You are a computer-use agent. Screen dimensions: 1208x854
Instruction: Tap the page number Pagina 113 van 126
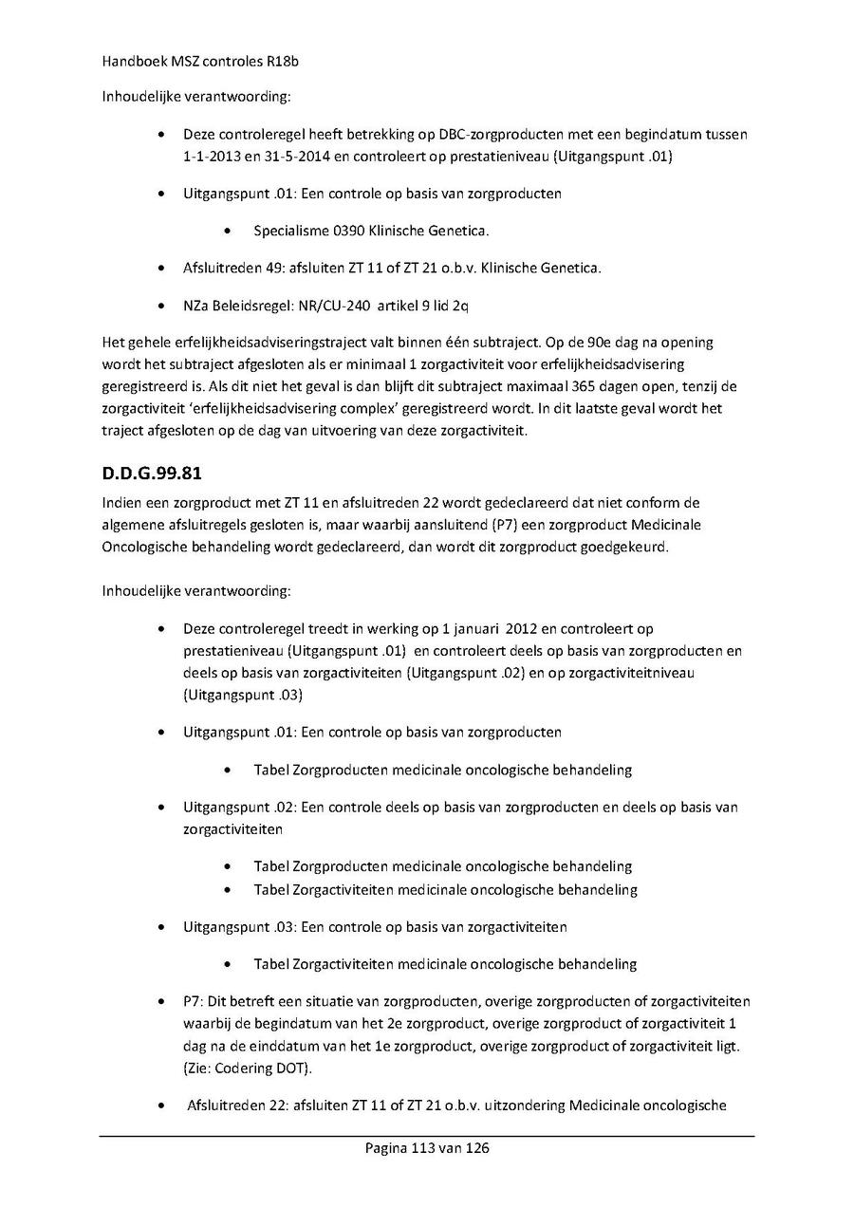click(427, 1148)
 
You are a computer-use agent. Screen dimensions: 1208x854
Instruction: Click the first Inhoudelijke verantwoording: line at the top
click(196, 97)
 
